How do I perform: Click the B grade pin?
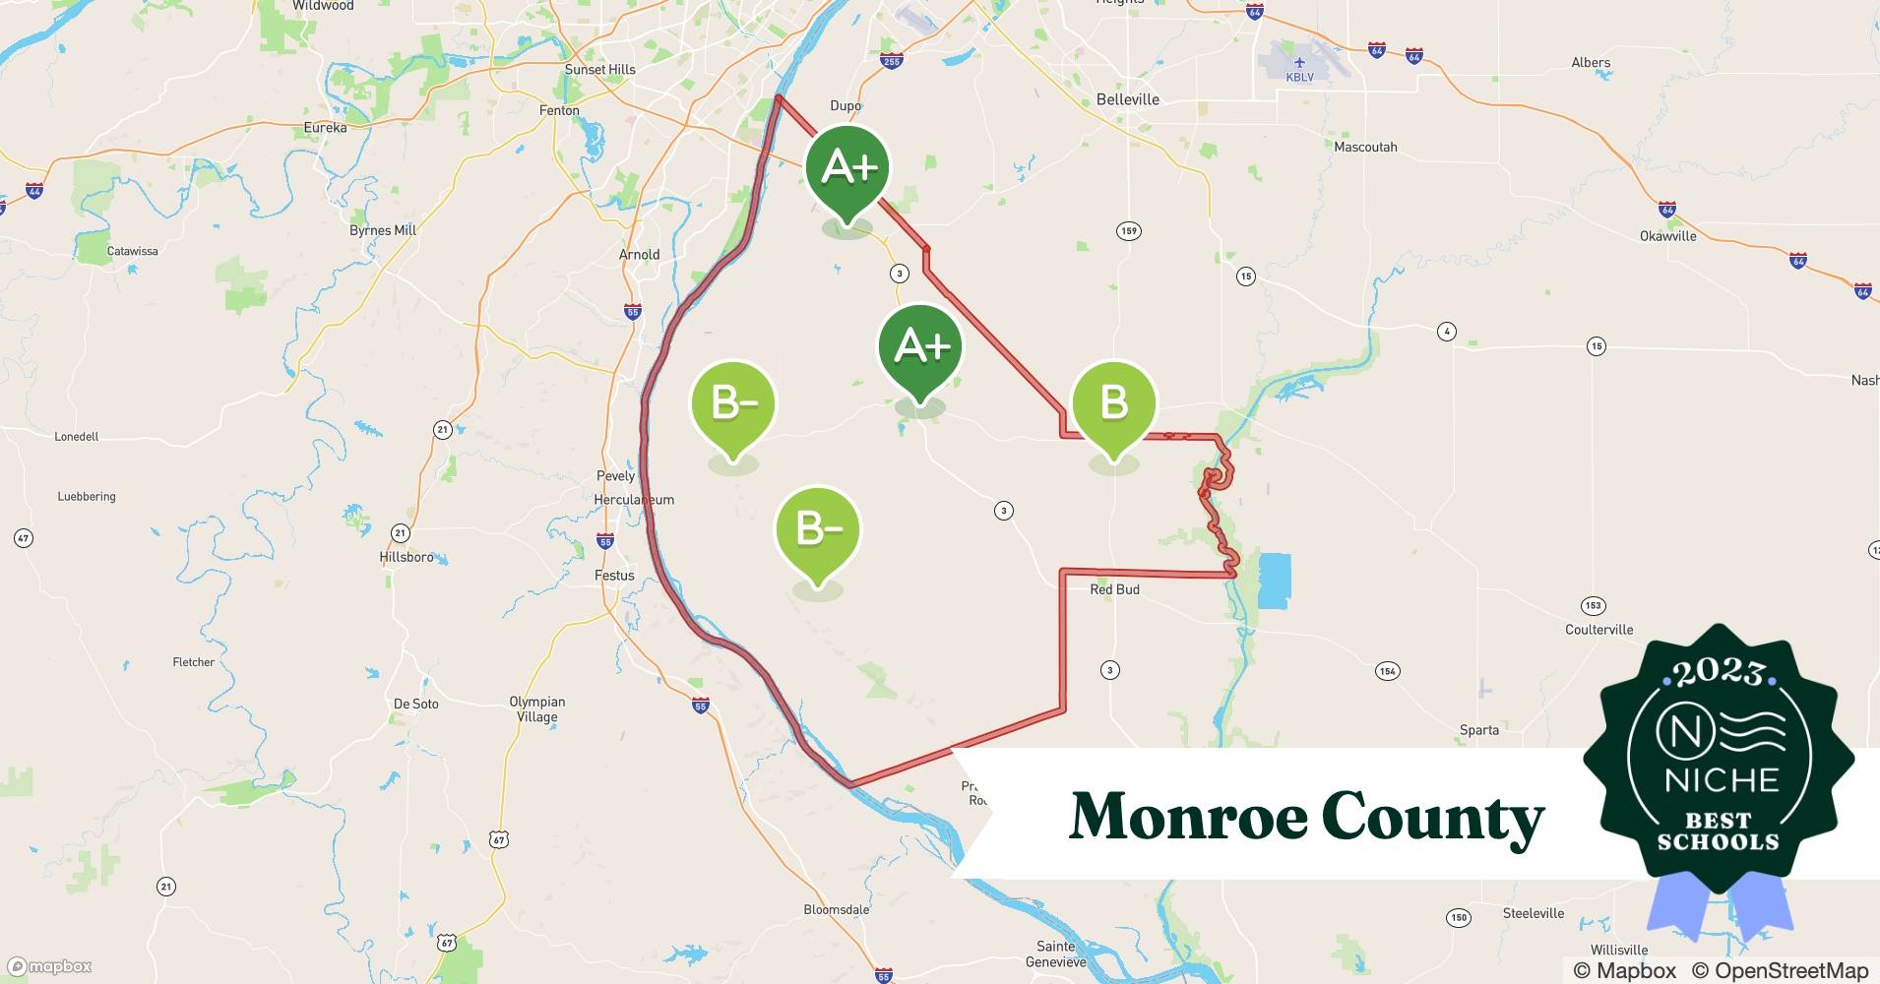click(1113, 403)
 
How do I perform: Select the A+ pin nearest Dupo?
click(847, 168)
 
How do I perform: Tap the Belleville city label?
click(1127, 99)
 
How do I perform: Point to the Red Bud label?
click(1114, 589)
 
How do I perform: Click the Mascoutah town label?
click(1365, 148)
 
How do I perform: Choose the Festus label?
click(614, 576)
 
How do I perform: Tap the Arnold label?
click(639, 255)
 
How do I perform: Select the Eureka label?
click(325, 128)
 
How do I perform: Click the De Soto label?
click(415, 704)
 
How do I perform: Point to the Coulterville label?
click(1598, 630)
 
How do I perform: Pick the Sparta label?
click(1478, 730)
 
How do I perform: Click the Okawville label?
click(1667, 236)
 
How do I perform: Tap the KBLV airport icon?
click(1299, 63)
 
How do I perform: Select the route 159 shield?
click(1128, 231)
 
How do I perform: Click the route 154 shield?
click(1387, 671)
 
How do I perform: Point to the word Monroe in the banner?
click(1185, 817)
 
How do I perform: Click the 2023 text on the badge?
click(1719, 673)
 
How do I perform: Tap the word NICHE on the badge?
click(1722, 780)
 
